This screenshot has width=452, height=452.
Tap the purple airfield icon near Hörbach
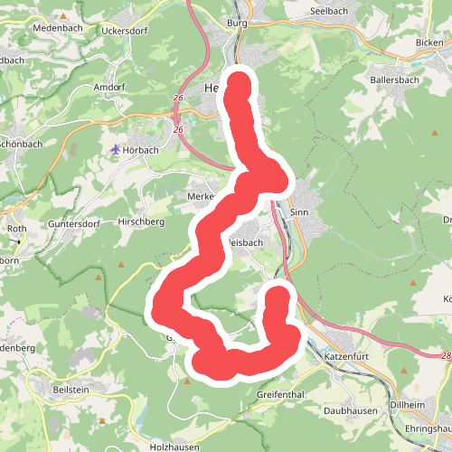pyautogui.click(x=115, y=149)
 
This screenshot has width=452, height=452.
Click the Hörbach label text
pyautogui.click(x=141, y=150)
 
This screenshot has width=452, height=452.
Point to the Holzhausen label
pyautogui.click(x=174, y=447)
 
